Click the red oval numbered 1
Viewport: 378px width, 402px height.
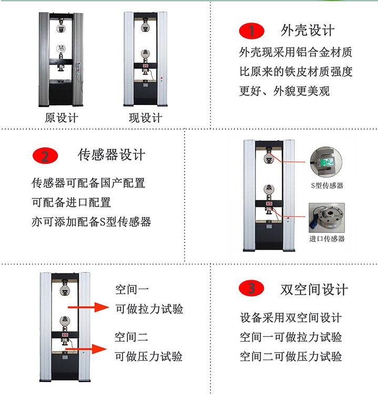(251, 30)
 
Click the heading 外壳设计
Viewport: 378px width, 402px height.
(308, 30)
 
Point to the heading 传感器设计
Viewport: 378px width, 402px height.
(112, 155)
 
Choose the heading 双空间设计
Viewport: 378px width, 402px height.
(314, 289)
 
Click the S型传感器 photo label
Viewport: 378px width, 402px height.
(326, 185)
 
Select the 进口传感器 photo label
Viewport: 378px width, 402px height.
(327, 238)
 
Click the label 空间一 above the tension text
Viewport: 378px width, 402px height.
(132, 289)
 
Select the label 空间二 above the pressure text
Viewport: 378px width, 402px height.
(132, 336)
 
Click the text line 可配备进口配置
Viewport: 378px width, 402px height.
(71, 203)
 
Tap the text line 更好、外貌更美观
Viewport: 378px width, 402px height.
(284, 90)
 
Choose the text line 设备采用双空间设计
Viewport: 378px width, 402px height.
(291, 318)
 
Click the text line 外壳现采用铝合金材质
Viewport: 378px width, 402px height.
(295, 52)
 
